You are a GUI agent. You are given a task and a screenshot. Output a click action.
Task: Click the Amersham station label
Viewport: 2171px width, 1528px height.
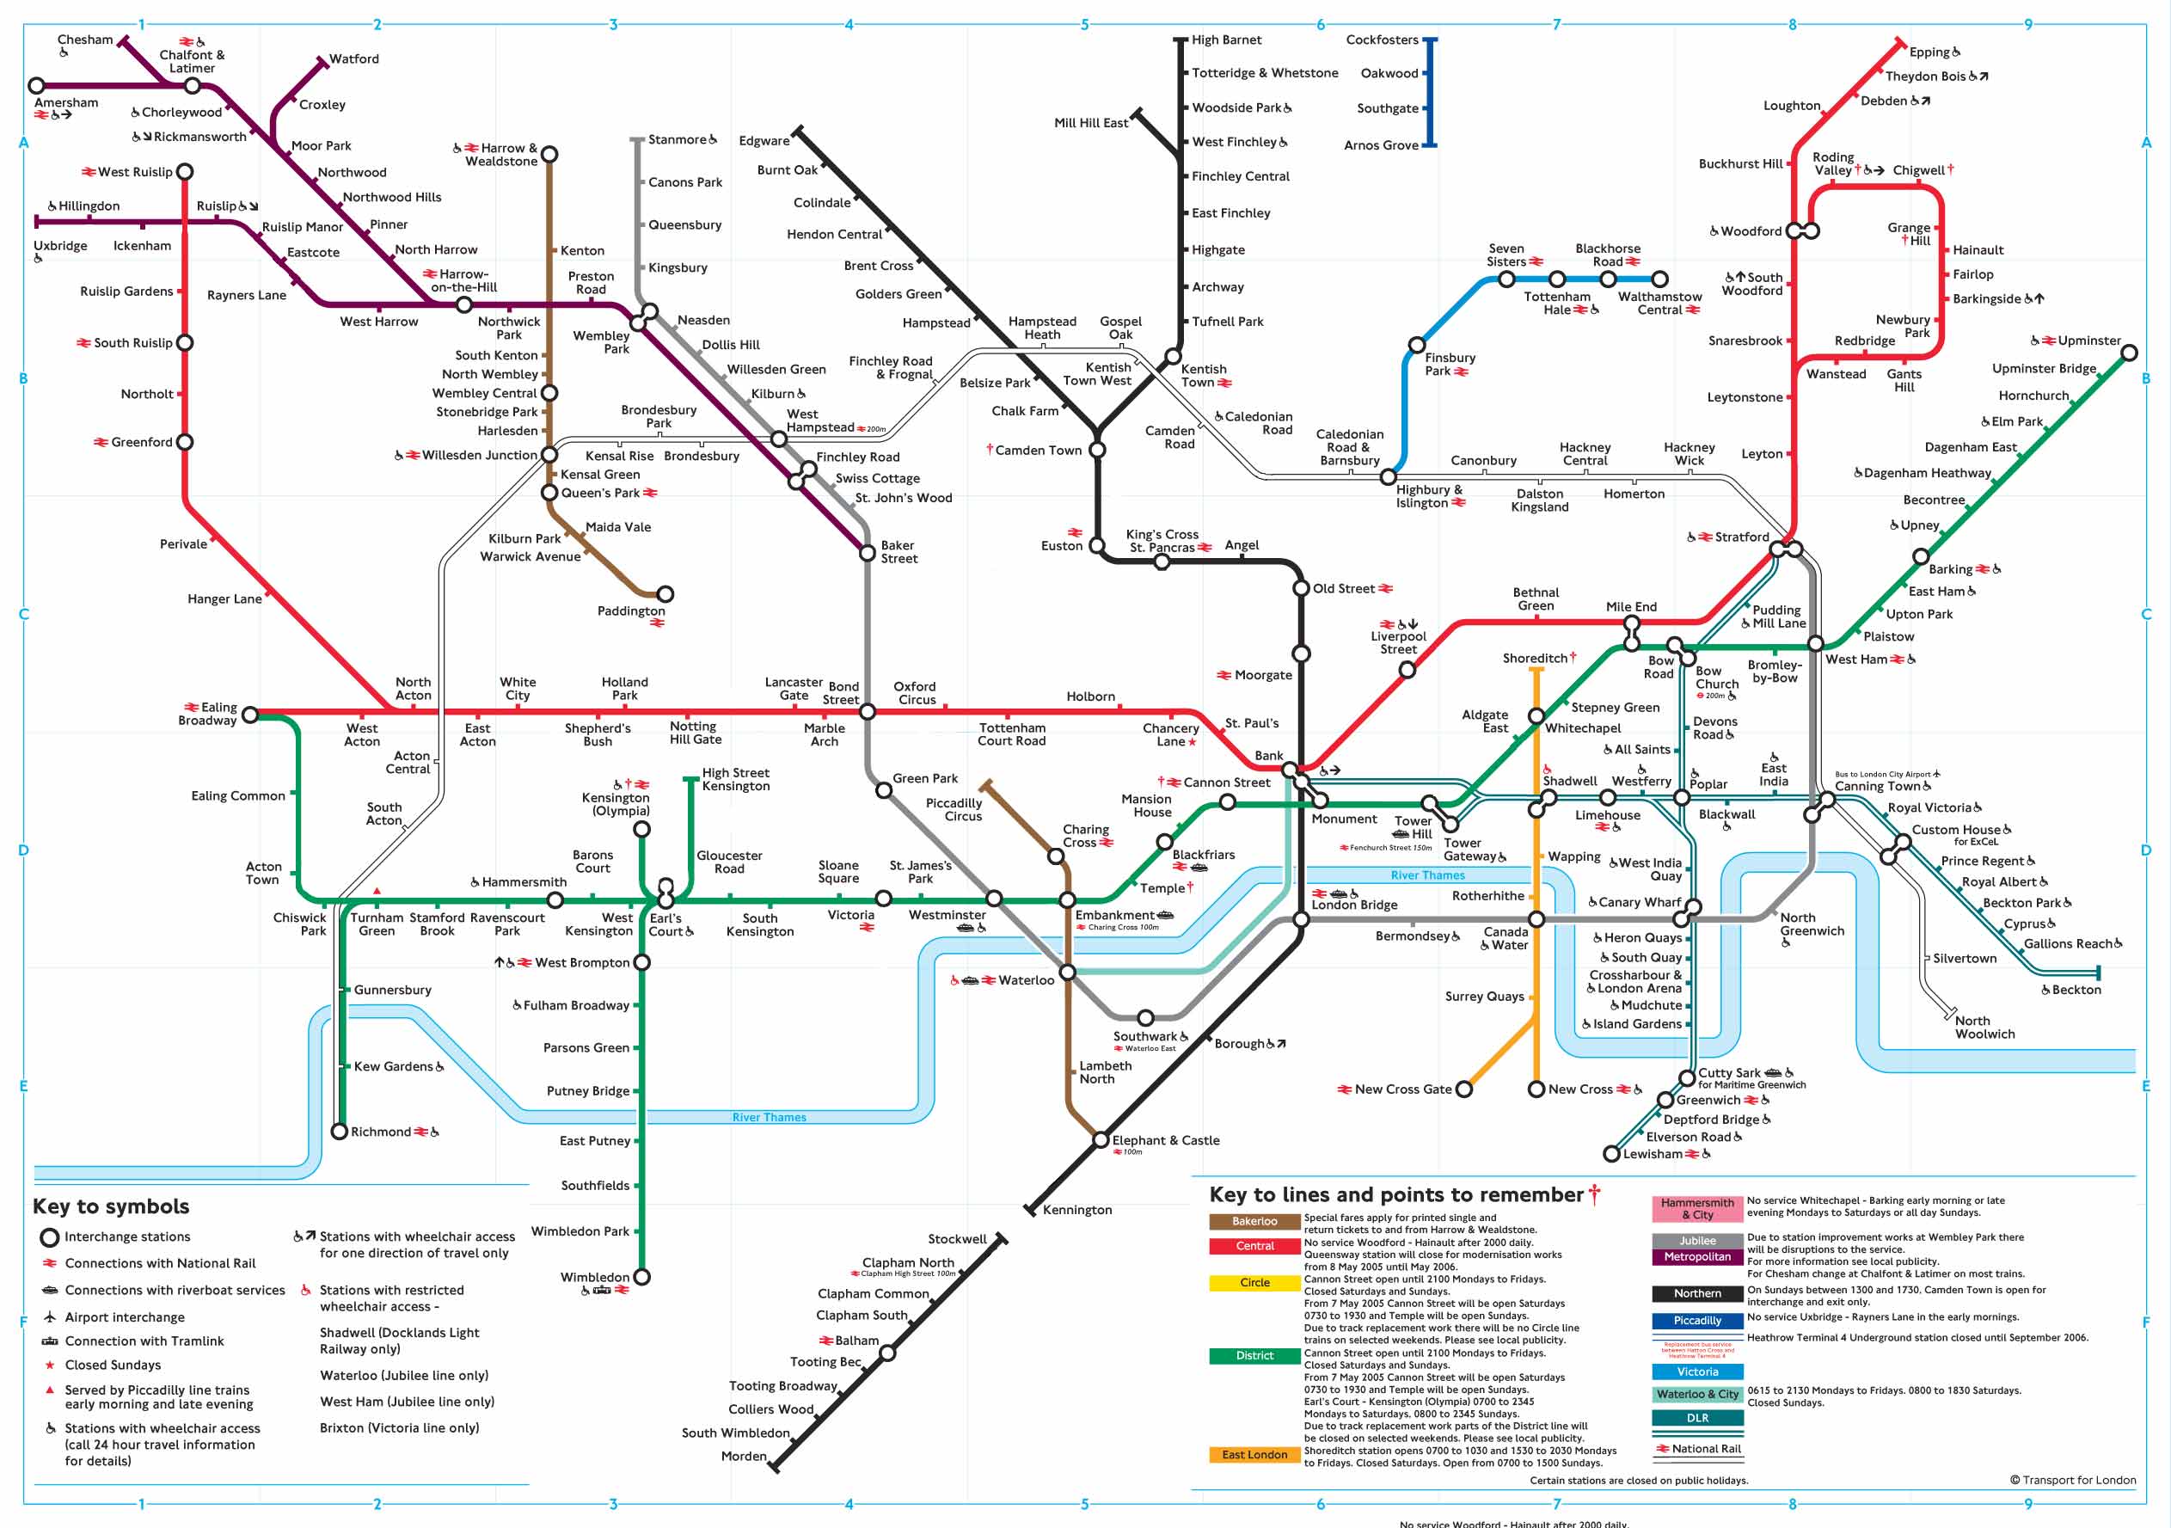coord(66,103)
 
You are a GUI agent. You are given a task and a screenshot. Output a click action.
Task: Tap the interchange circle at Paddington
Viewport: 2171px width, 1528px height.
coord(665,594)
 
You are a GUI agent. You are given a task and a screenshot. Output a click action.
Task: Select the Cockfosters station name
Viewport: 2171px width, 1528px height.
coord(1382,40)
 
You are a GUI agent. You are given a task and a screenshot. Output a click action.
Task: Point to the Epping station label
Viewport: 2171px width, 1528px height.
coord(1929,52)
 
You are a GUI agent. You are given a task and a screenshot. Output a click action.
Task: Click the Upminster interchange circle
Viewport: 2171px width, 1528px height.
coord(2130,353)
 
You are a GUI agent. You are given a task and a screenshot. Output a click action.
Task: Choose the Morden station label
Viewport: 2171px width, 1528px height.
coord(743,1456)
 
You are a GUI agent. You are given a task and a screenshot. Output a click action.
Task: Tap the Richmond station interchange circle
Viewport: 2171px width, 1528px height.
coord(340,1131)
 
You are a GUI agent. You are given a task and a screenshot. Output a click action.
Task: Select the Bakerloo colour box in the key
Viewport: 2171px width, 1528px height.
coord(1254,1222)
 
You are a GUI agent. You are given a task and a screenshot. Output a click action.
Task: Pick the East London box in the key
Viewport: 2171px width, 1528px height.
coord(1254,1454)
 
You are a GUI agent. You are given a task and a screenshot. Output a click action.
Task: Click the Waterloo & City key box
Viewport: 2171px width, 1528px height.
coord(1697,1394)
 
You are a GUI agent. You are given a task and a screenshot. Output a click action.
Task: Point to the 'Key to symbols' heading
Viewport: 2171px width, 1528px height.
coord(111,1206)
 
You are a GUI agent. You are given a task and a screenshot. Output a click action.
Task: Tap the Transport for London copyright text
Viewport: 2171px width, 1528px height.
coord(2073,1480)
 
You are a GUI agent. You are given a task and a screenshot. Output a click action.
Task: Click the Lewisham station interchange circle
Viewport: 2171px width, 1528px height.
coord(1612,1154)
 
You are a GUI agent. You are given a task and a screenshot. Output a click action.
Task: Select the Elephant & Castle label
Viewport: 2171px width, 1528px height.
coord(1166,1140)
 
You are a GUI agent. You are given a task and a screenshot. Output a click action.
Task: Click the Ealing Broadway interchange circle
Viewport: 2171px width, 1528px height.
coord(250,715)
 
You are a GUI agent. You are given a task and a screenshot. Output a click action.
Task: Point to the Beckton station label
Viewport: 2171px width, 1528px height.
coord(2076,989)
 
